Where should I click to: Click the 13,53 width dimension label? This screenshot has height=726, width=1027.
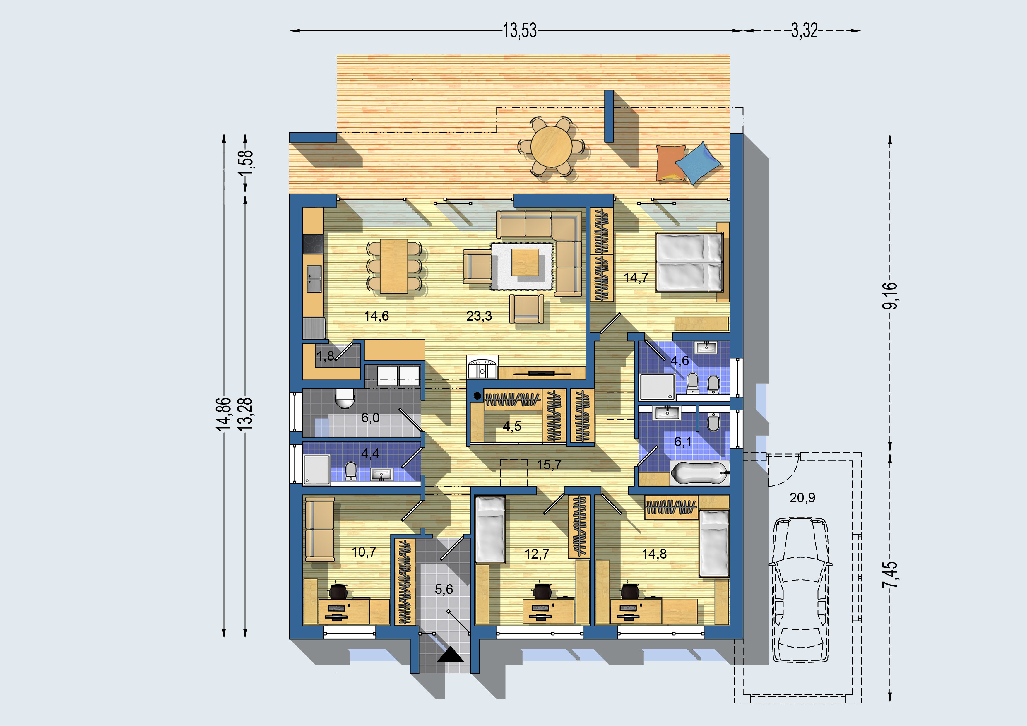519,31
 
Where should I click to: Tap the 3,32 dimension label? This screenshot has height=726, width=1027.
804,31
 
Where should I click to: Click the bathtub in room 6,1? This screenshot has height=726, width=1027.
699,473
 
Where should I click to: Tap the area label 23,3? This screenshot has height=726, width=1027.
479,316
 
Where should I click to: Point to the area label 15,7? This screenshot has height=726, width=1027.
549,465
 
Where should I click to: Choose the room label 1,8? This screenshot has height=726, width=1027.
325,356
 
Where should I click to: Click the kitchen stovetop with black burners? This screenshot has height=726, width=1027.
313,244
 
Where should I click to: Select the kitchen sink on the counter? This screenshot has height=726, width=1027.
314,279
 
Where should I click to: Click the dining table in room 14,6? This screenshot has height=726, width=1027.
394,266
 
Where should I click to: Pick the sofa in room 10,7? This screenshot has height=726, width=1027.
320,530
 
